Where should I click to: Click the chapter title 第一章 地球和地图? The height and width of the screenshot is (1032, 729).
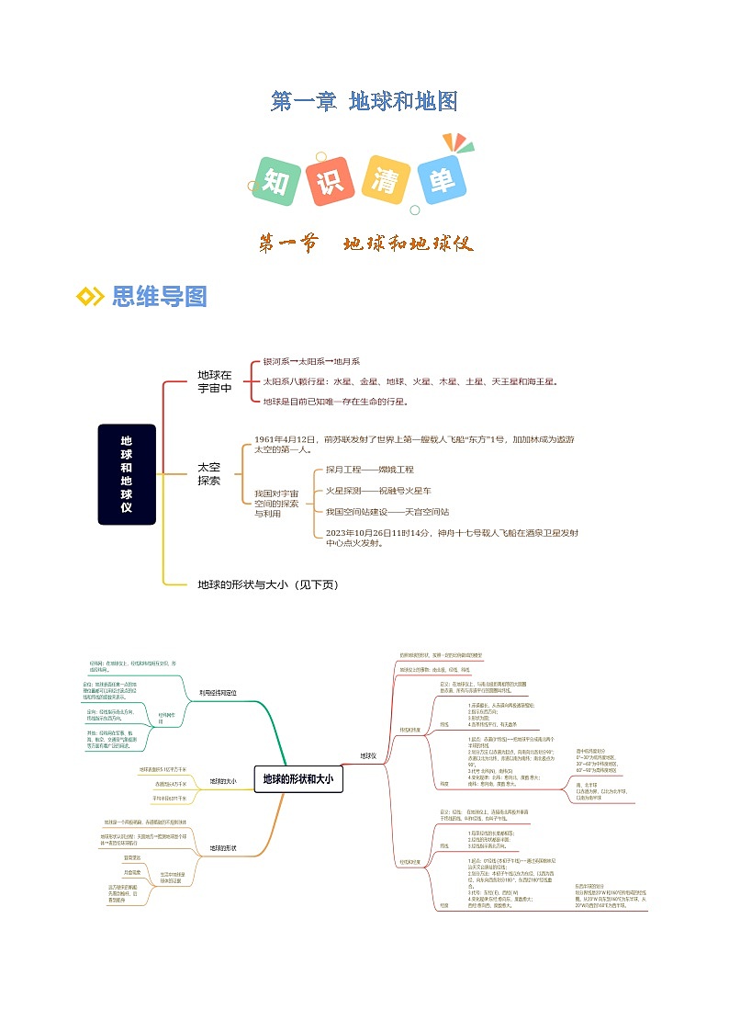tap(364, 101)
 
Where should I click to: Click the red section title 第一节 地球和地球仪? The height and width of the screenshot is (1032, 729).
tap(364, 244)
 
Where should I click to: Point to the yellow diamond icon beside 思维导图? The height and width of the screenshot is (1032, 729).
tap(89, 296)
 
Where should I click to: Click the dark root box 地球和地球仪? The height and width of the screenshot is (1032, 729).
tap(127, 474)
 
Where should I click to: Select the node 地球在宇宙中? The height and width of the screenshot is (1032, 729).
tap(215, 381)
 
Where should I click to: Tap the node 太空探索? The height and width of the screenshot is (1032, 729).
tap(209, 474)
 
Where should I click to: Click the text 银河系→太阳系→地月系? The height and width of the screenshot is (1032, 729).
tap(311, 362)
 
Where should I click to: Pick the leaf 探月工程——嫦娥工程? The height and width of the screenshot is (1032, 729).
tap(363, 470)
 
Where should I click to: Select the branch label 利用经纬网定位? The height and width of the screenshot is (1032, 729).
tap(218, 692)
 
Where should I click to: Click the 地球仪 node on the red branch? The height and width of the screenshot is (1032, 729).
tap(368, 756)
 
